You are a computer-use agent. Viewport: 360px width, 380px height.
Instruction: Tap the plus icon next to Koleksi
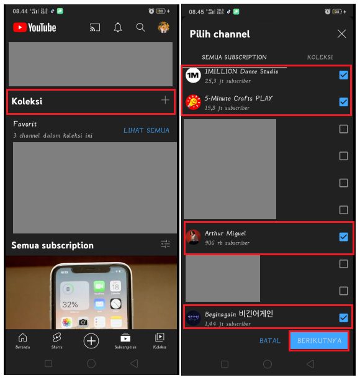pyautogui.click(x=164, y=101)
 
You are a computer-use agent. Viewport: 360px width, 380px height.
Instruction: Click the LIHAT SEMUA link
pyautogui.click(x=146, y=130)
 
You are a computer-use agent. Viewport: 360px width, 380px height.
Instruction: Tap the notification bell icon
pyautogui.click(x=118, y=27)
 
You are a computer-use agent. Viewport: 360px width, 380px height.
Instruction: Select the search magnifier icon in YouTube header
pyautogui.click(x=141, y=27)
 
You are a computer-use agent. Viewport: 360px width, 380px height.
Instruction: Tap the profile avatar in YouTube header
pyautogui.click(x=163, y=27)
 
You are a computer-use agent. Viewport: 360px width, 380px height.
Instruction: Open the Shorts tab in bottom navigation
pyautogui.click(x=57, y=340)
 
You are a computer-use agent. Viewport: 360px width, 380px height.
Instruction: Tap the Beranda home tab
pyautogui.click(x=23, y=340)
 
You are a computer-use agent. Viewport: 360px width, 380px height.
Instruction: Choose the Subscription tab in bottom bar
pyautogui.click(x=125, y=340)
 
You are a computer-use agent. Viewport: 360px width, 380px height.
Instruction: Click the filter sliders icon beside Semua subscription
pyautogui.click(x=165, y=245)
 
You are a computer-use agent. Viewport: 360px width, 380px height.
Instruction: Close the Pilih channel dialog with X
pyautogui.click(x=341, y=34)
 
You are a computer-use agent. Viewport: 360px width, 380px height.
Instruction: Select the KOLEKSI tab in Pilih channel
pyautogui.click(x=320, y=57)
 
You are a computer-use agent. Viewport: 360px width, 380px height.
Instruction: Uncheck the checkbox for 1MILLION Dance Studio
pyautogui.click(x=343, y=75)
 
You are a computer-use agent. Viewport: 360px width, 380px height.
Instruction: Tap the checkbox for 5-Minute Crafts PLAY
pyautogui.click(x=343, y=102)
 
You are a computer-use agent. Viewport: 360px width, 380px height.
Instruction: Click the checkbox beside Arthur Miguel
pyautogui.click(x=343, y=237)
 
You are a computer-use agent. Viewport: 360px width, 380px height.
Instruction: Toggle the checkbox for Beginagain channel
pyautogui.click(x=343, y=318)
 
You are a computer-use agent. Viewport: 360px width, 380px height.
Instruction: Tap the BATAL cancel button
pyautogui.click(x=270, y=341)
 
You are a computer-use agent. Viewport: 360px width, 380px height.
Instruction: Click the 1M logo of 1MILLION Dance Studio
pyautogui.click(x=193, y=75)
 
